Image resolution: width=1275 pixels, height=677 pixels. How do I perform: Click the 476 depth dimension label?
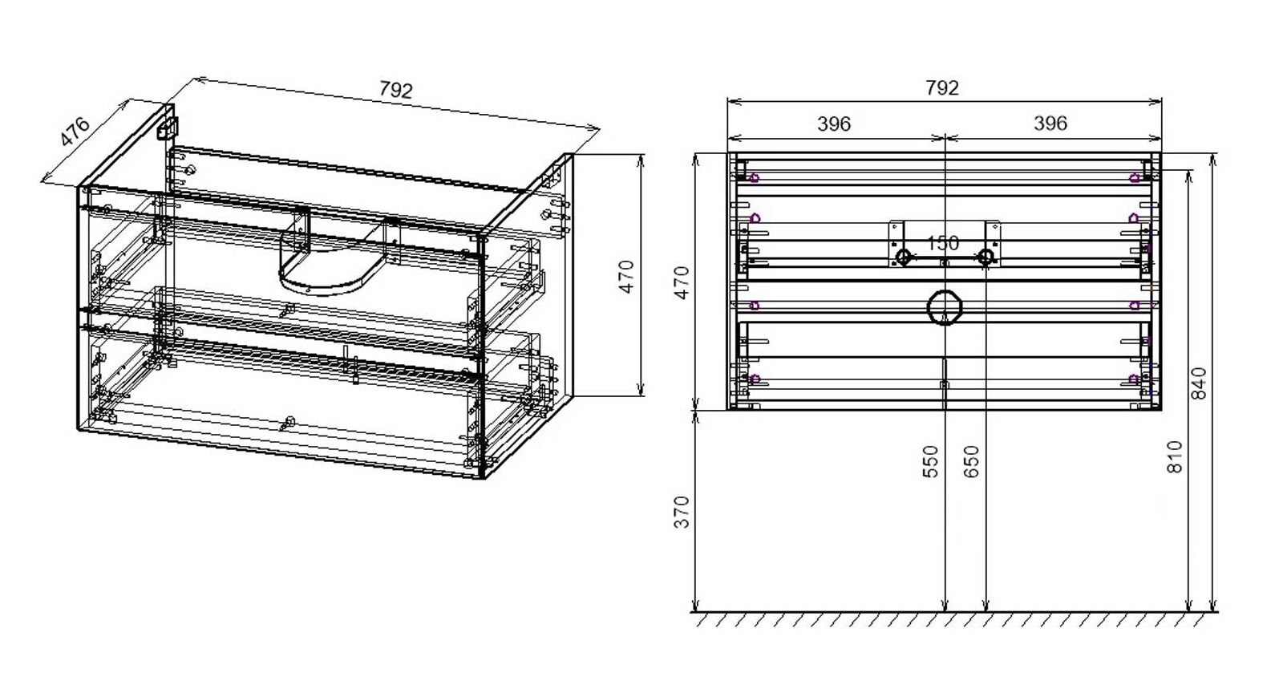[x=75, y=132]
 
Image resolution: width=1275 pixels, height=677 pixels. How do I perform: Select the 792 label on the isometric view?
[x=395, y=90]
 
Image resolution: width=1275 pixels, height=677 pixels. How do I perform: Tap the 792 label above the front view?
[x=942, y=87]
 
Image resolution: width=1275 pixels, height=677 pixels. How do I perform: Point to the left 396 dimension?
[x=834, y=124]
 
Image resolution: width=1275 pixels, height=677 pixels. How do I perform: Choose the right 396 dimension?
[x=1050, y=123]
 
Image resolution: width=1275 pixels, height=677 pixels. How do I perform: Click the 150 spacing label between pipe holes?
[x=942, y=243]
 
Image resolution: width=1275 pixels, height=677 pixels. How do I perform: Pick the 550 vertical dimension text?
[x=929, y=461]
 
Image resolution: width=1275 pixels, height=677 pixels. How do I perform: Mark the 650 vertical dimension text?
[x=972, y=461]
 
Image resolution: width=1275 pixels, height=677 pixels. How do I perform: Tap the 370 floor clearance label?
[x=682, y=513]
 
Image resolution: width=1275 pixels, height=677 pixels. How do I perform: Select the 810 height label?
[x=1174, y=456]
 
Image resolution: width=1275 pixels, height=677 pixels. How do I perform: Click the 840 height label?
[x=1198, y=383]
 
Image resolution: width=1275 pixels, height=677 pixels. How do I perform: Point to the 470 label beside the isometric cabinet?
[x=627, y=277]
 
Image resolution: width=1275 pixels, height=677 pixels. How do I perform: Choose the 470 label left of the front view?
[x=682, y=282]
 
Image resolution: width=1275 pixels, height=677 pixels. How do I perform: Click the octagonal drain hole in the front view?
[x=945, y=307]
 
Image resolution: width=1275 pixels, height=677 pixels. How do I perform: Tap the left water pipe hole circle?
[x=903, y=257]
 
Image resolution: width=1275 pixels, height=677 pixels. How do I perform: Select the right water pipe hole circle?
[x=986, y=257]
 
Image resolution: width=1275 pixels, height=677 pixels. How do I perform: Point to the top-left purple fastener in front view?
[x=755, y=178]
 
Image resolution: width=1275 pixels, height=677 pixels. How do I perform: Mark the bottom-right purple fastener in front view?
[x=1134, y=379]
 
